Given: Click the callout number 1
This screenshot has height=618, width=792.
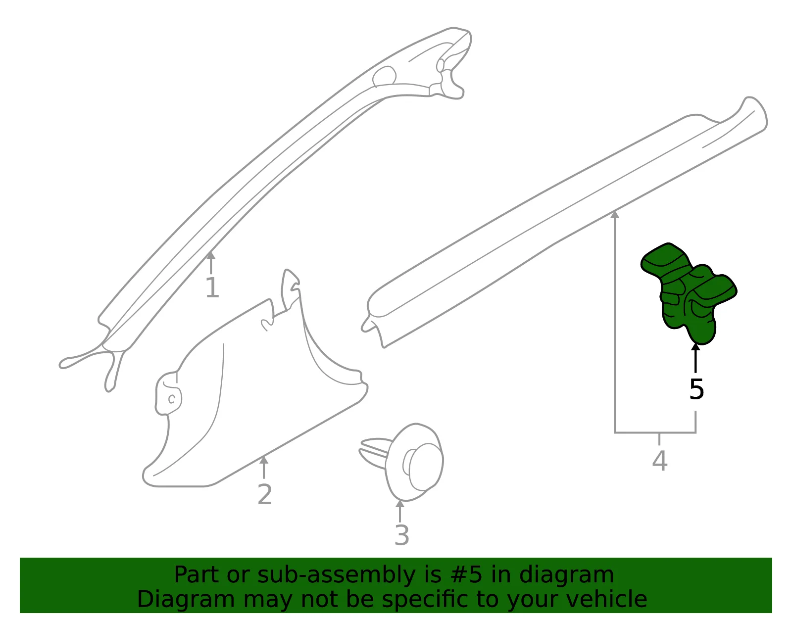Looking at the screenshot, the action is (x=212, y=287).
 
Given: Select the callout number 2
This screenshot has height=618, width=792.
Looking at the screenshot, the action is (x=265, y=494).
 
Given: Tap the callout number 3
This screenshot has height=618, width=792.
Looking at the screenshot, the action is (x=401, y=535).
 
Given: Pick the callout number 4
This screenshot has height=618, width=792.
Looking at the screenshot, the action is (x=660, y=461).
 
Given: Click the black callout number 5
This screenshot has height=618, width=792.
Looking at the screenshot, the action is (x=696, y=389).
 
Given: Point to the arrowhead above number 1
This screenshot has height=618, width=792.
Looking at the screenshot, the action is (x=211, y=255).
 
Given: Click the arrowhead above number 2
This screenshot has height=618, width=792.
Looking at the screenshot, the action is (x=264, y=460).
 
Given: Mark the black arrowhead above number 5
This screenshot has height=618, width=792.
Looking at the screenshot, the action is (x=695, y=347).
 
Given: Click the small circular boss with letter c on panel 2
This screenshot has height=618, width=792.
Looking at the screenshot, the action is (x=172, y=399).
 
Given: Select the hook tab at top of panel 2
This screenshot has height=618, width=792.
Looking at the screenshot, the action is (x=290, y=289).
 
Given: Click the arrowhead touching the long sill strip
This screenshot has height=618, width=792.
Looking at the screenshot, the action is (x=615, y=215).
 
